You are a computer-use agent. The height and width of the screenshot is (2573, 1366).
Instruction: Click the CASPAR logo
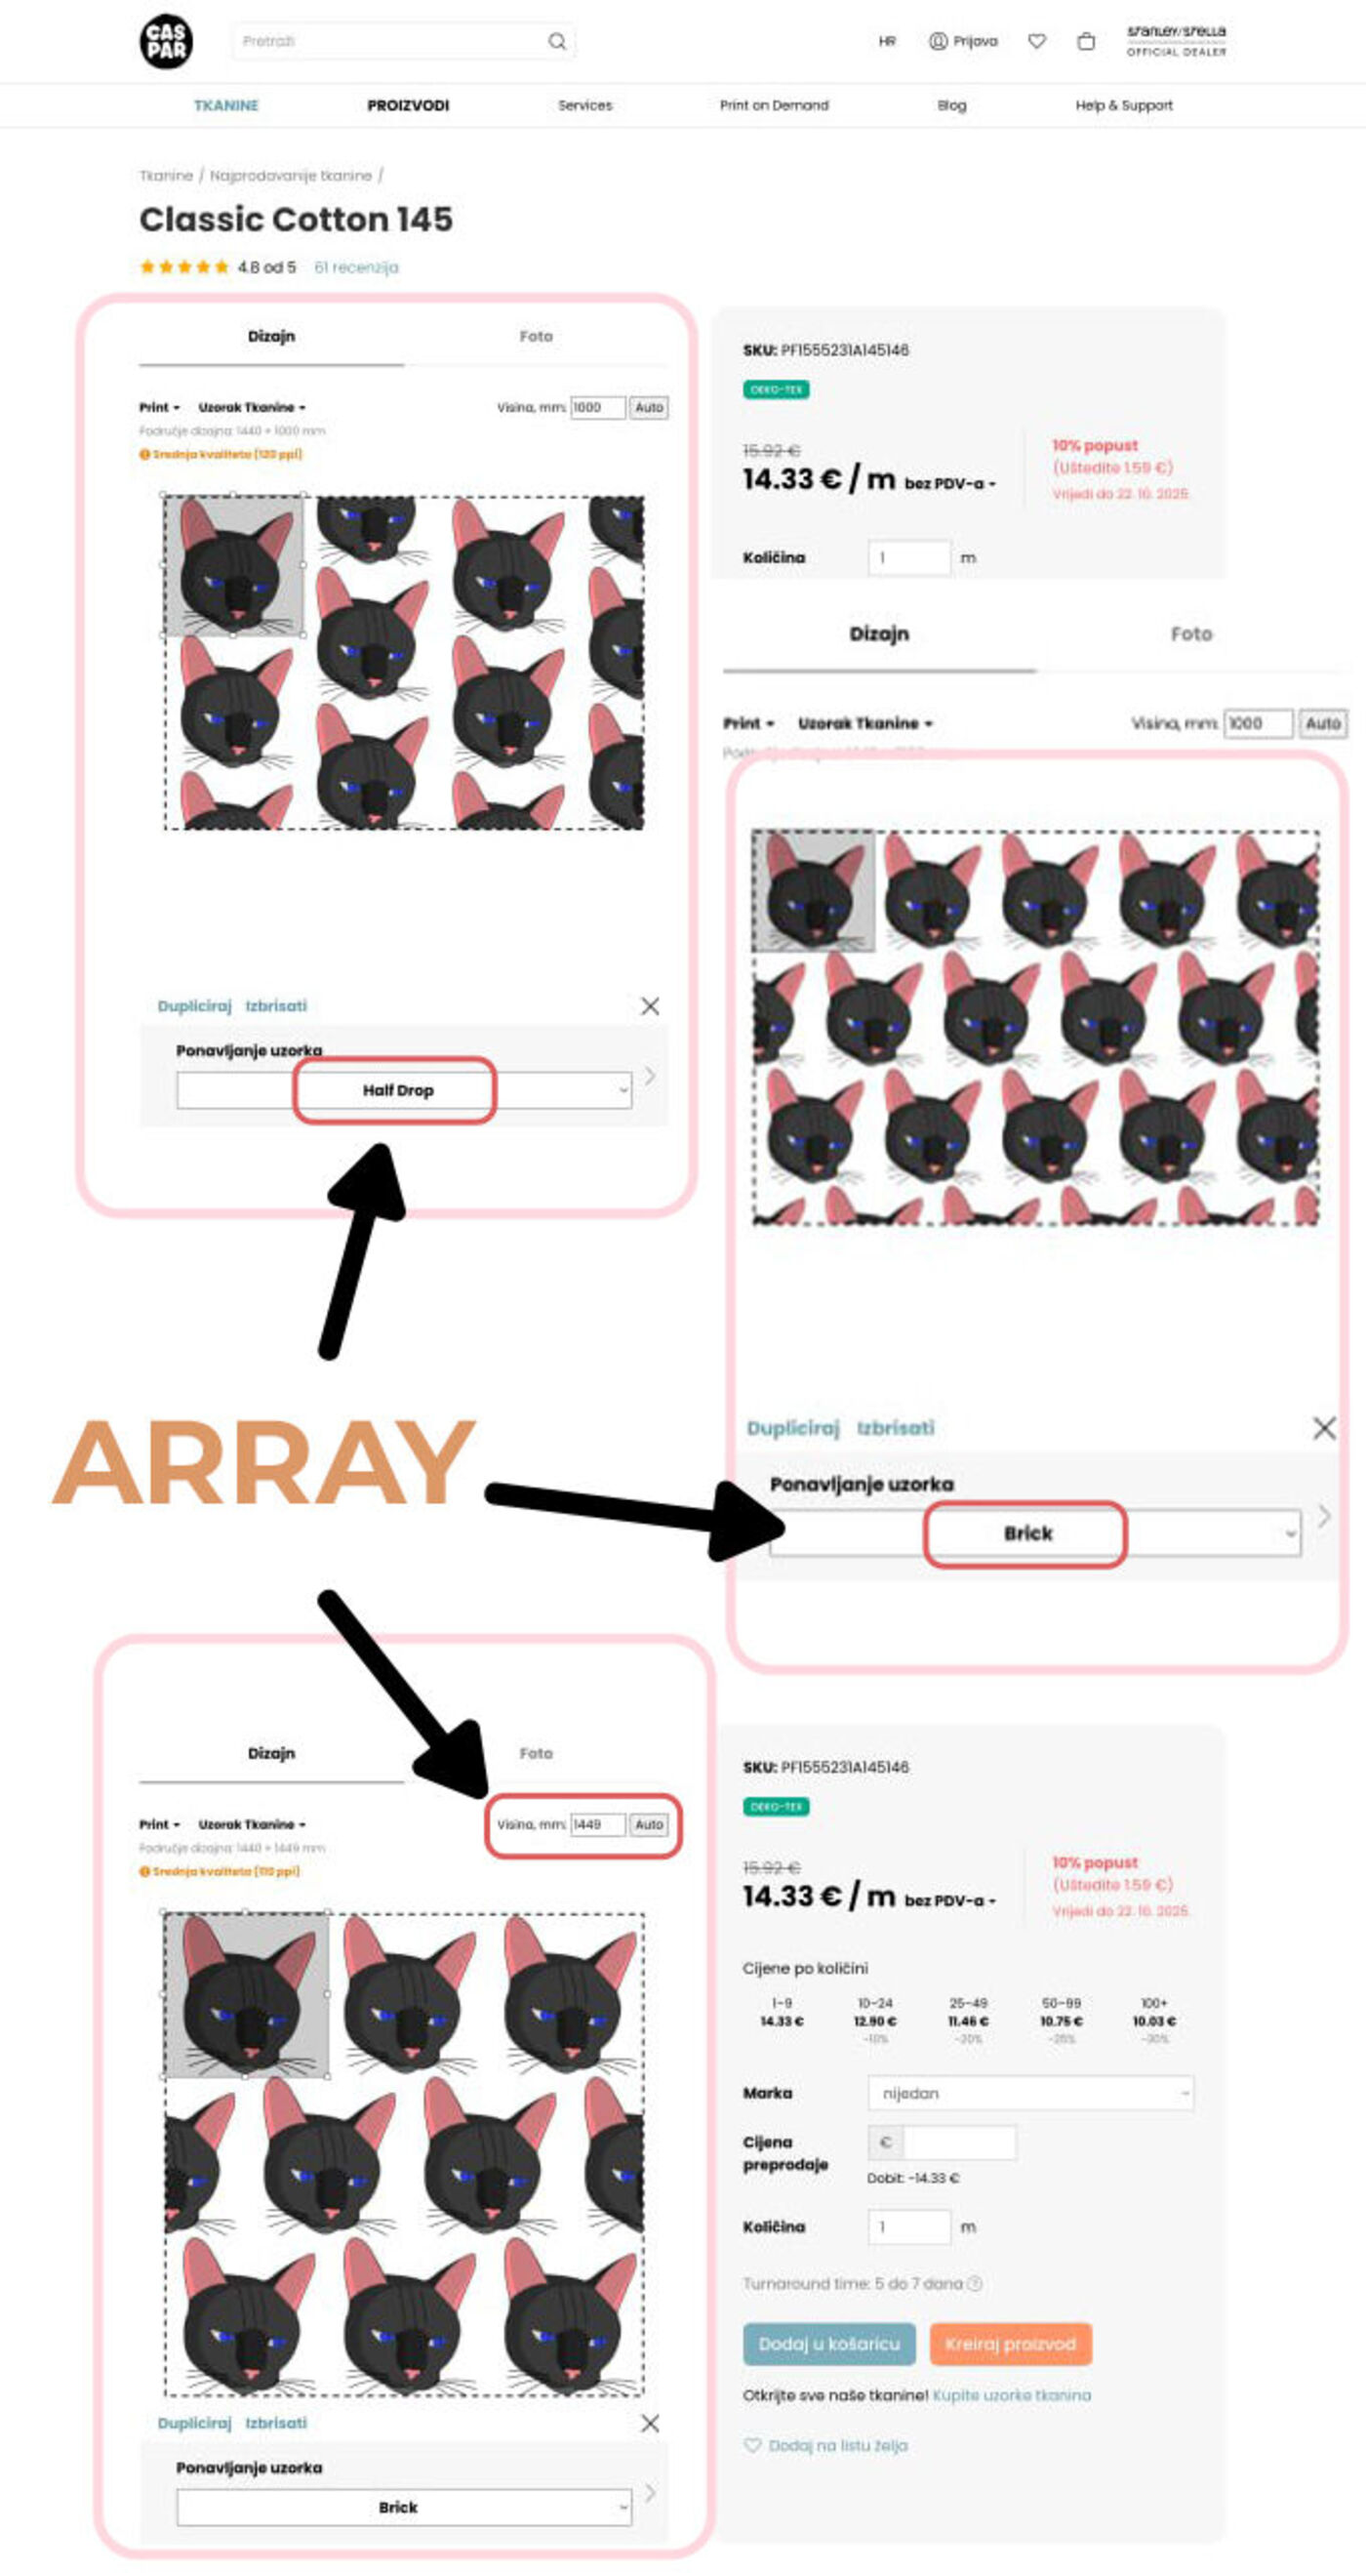166,41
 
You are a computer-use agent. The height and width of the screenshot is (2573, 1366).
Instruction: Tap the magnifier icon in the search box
557,41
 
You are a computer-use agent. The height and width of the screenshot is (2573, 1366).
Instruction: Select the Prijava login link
964,41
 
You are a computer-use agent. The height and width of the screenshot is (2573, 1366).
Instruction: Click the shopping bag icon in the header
1085,41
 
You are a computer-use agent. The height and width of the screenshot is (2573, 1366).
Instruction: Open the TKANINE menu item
225,104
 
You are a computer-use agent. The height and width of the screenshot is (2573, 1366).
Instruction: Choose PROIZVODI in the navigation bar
408,104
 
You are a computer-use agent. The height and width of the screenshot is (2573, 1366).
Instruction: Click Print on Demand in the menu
774,104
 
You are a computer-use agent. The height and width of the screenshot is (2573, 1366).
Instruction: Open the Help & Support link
1123,104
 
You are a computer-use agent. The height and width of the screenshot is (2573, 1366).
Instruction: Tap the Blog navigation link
951,104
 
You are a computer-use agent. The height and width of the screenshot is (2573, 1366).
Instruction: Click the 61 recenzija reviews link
355,266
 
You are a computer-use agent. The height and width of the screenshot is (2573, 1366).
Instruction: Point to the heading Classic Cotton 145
296,219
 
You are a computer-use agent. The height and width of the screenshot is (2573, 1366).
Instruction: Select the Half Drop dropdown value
396,1089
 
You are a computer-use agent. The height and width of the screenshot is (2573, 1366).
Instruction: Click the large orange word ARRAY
263,1462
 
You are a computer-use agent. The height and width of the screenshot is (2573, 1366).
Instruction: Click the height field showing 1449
597,1824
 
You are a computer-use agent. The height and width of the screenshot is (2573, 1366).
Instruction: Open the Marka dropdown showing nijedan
1029,2093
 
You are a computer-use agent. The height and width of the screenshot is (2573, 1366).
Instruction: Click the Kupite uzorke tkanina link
1012,2395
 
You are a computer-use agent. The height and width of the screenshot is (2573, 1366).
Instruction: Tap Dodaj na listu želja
837,2445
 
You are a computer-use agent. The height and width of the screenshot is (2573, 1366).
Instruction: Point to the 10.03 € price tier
1153,2021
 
